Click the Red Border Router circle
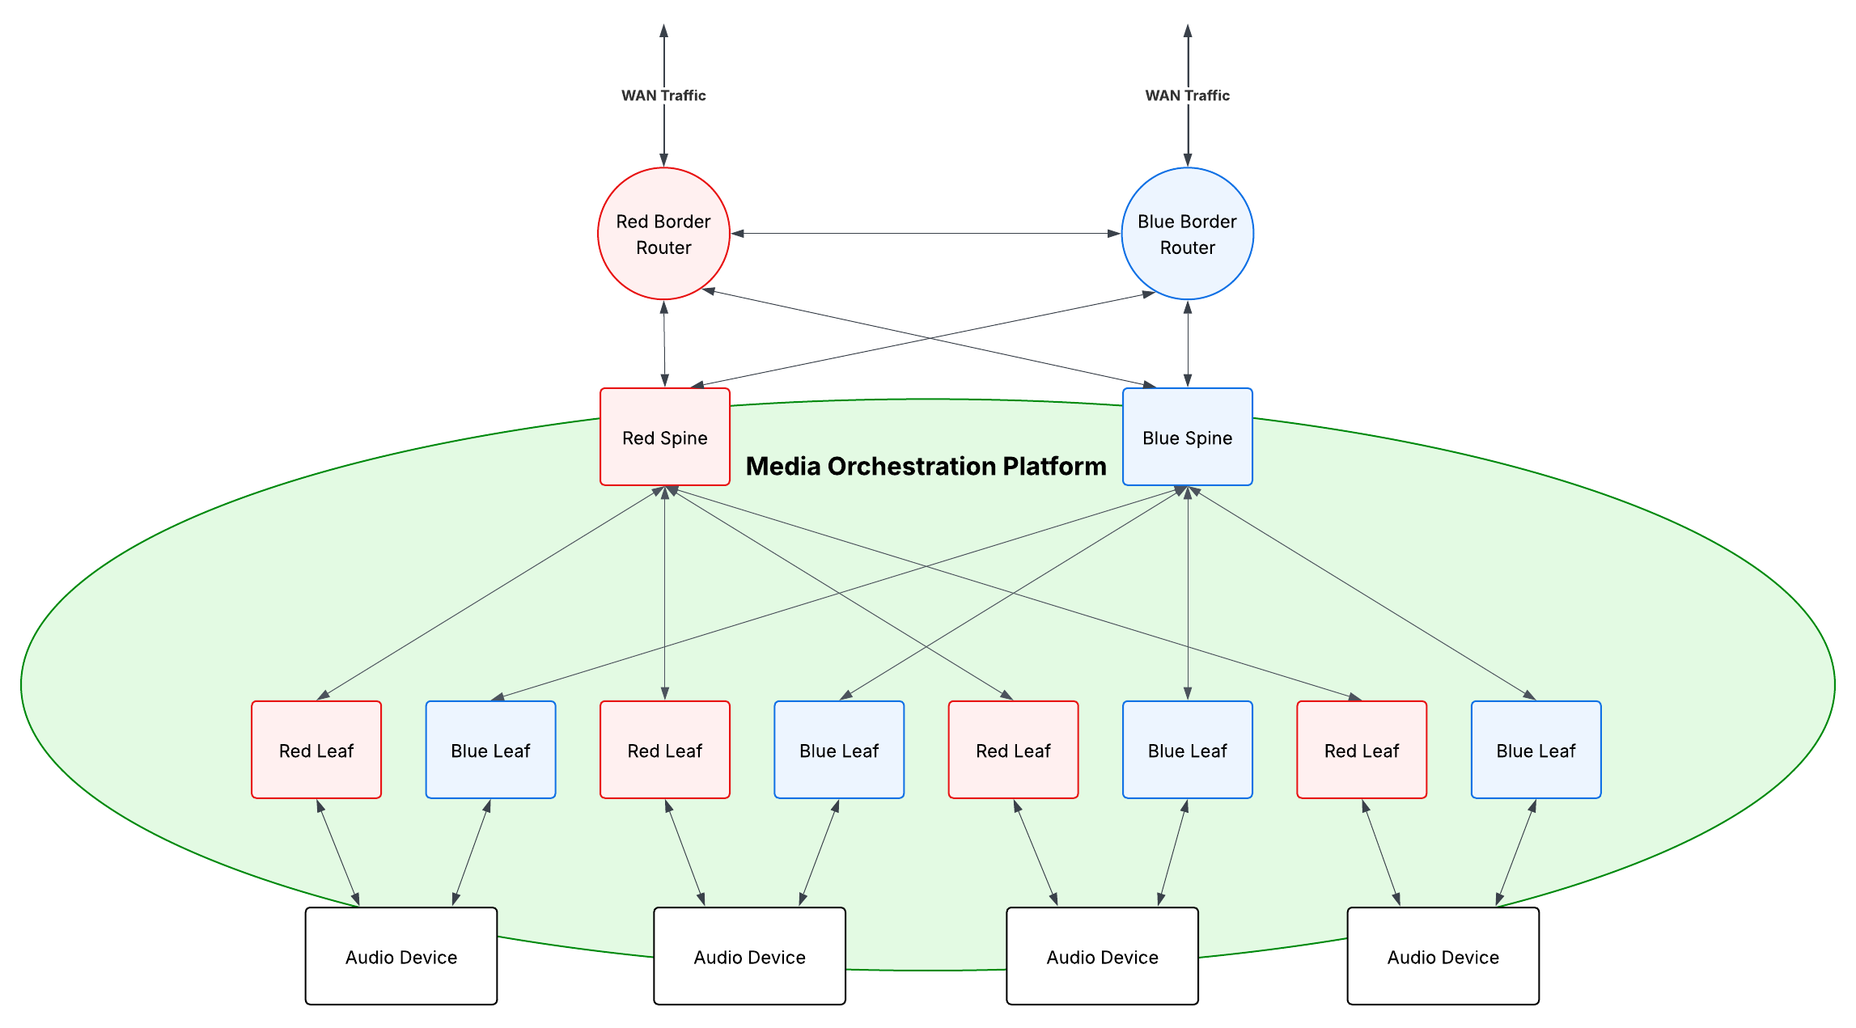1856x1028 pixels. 663,234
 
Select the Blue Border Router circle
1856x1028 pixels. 1187,234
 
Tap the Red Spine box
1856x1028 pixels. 664,438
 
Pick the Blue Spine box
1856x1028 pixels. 1187,438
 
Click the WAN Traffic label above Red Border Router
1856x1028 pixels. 663,95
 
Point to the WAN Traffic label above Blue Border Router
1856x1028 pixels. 1187,95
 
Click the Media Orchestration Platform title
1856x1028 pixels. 926,467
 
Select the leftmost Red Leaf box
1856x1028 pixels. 316,750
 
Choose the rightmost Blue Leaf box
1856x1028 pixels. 1536,750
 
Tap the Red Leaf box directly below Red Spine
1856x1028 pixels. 664,750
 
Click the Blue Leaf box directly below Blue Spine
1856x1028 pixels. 1187,750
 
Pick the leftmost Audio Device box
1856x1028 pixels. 401,956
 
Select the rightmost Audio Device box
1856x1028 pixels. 1443,956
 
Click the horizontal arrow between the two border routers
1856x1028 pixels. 926,234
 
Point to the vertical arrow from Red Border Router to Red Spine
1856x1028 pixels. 664,344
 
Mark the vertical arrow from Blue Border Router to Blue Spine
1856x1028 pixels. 1187,344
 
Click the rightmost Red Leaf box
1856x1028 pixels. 1362,750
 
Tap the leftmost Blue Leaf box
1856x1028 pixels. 490,750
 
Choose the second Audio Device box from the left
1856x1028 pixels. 749,956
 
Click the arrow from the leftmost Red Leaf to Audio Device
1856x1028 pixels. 338,852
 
